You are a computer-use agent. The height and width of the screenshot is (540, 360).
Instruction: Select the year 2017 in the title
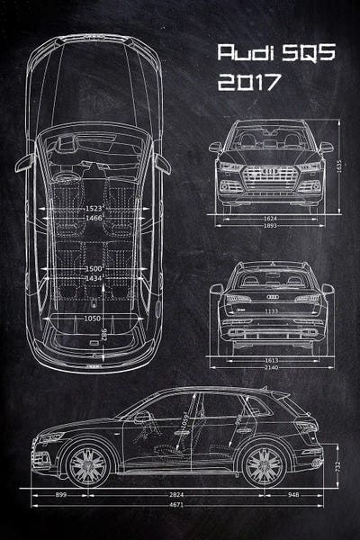[249, 82]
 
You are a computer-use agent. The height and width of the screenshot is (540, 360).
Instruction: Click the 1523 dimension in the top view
[88, 208]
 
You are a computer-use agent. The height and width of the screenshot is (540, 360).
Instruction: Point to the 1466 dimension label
[88, 218]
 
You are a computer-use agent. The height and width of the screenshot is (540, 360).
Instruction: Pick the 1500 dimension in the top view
[88, 267]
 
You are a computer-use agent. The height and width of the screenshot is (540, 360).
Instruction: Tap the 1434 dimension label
[88, 278]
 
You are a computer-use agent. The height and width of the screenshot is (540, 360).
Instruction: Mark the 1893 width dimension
[271, 227]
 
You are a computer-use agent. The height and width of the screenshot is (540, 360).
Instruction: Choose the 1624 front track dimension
[271, 217]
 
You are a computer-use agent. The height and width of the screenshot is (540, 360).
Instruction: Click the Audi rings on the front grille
[271, 169]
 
